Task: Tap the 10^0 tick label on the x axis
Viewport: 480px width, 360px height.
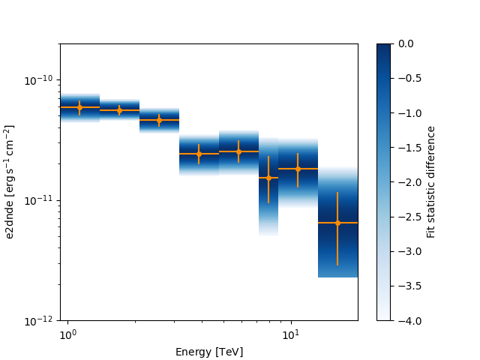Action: [67, 333]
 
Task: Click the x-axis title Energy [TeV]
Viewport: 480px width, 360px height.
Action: [208, 352]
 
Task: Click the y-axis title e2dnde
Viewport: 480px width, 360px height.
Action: [10, 182]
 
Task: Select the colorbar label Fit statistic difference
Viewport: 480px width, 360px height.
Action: [431, 182]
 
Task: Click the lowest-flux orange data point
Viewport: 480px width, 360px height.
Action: [337, 223]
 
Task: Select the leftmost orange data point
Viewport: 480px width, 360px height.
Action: [79, 107]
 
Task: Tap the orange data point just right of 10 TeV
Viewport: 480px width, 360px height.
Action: [298, 169]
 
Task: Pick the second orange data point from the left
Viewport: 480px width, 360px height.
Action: [119, 110]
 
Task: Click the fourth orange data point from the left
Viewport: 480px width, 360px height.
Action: [199, 154]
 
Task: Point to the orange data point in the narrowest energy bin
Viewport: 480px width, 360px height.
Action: [268, 178]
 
